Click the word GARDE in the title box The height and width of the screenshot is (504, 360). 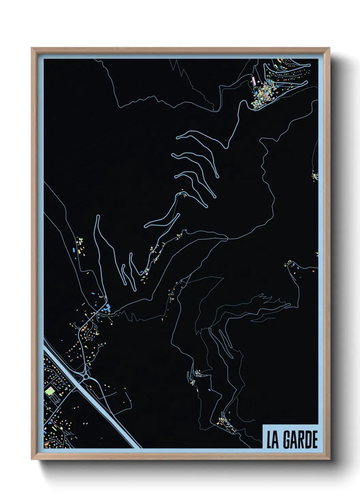coord(300,440)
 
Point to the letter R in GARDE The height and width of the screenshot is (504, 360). coord(301,440)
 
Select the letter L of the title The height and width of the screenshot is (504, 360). coord(269,440)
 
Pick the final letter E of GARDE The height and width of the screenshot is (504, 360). coord(314,440)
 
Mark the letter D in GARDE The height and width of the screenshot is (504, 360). coord(308,440)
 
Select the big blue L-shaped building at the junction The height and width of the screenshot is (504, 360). coord(106,308)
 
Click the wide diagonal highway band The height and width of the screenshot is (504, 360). coord(102,409)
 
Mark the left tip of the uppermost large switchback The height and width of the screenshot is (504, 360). coord(177,138)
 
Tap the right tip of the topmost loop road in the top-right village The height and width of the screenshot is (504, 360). coord(309,65)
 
